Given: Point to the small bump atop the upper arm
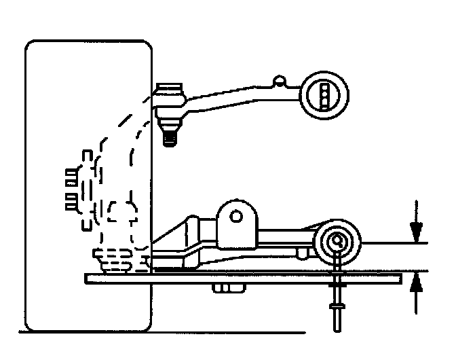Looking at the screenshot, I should pyautogui.click(x=278, y=82).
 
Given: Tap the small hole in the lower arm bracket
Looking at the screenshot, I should pyautogui.click(x=236, y=217).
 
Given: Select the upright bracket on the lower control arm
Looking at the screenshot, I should pyautogui.click(x=237, y=223).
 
